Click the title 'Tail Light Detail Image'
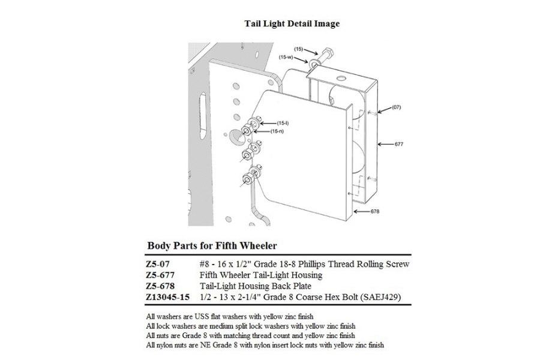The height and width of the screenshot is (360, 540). [292, 24]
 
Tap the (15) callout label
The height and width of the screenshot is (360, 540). [298, 47]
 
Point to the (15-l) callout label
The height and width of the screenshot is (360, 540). [283, 123]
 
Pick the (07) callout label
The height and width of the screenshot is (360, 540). [396, 107]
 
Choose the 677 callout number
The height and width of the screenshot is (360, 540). [398, 144]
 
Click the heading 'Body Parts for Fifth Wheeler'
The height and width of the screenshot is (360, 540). [211, 246]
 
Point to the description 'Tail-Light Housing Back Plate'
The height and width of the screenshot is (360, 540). [255, 286]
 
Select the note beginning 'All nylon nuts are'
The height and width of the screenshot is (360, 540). [265, 345]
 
